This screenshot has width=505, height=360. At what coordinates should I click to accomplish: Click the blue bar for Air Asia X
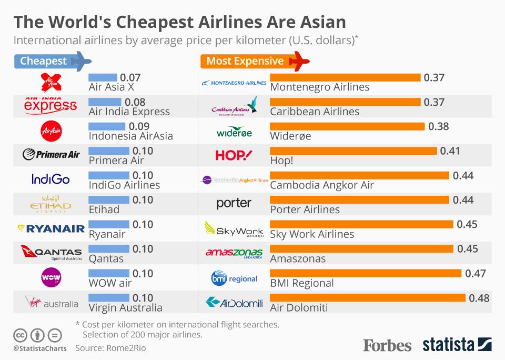pyautogui.click(x=103, y=77)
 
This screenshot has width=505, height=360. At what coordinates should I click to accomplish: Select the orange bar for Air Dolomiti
pyautogui.click(x=368, y=298)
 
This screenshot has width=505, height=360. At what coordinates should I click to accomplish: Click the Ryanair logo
pyautogui.click(x=51, y=228)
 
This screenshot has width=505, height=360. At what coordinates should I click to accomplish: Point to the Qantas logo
pyautogui.click(x=51, y=253)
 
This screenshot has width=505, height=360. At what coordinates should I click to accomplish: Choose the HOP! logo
pyautogui.click(x=234, y=155)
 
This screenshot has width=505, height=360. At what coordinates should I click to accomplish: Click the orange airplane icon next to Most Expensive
pyautogui.click(x=299, y=61)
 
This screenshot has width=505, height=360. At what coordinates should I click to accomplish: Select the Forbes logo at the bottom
pyautogui.click(x=387, y=345)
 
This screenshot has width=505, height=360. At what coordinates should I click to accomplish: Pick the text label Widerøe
pyautogui.click(x=290, y=136)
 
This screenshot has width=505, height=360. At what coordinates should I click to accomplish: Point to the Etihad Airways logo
pyautogui.click(x=51, y=204)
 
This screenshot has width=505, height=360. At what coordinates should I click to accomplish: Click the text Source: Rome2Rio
pyautogui.click(x=110, y=348)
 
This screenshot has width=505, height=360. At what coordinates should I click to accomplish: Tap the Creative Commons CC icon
pyautogui.click(x=21, y=335)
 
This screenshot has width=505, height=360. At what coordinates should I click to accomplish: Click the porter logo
pyautogui.click(x=234, y=203)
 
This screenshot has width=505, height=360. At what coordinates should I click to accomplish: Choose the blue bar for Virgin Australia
pyautogui.click(x=109, y=298)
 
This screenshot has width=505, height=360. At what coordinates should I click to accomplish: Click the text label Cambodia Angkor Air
pyautogui.click(x=322, y=185)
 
